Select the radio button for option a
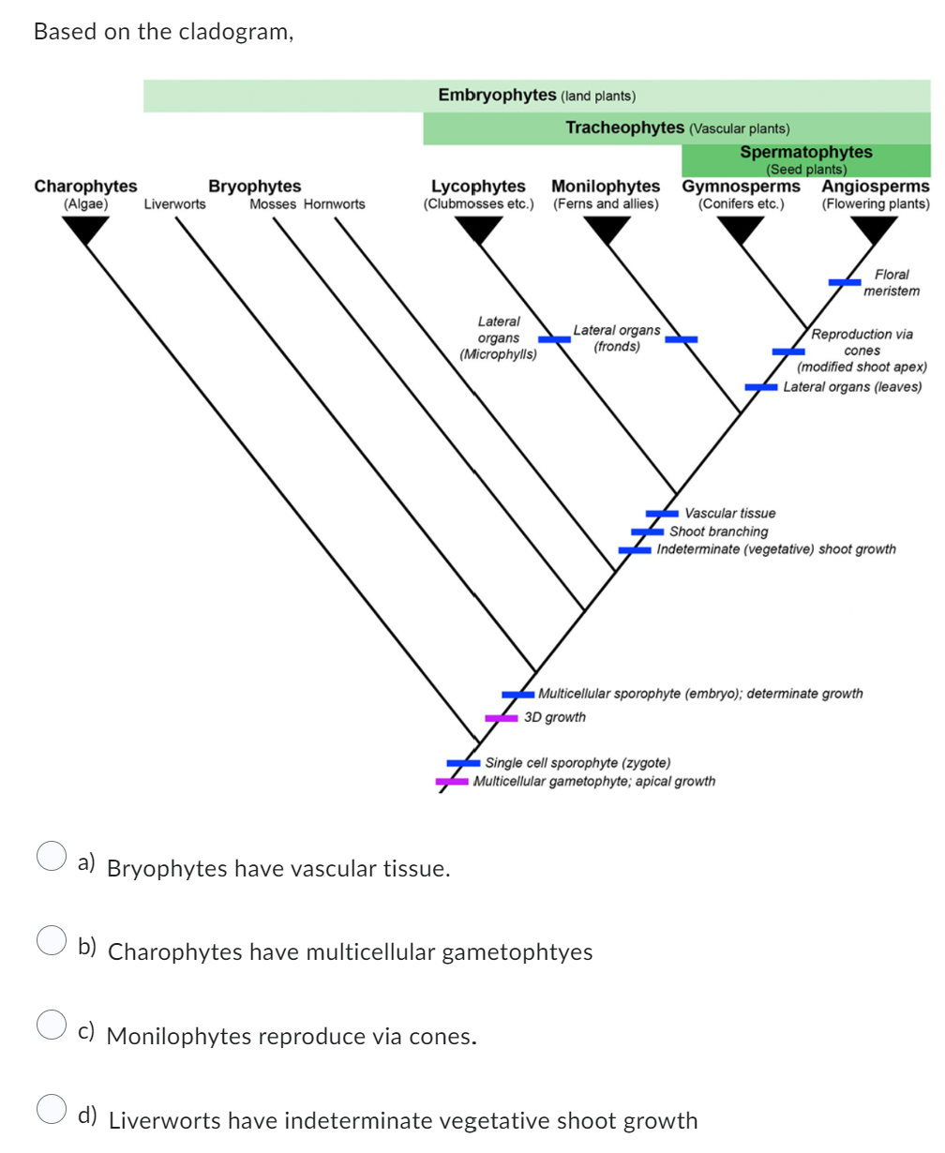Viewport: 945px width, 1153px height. (51, 857)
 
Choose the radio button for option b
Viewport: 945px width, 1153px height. (51, 940)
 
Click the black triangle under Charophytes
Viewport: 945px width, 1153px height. (85, 229)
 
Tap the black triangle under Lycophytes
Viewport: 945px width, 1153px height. (479, 229)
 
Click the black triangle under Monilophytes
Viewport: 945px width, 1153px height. (607, 229)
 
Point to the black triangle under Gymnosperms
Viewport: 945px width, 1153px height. (742, 229)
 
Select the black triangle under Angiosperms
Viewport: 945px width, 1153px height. (875, 229)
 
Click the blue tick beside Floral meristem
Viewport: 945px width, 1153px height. (845, 281)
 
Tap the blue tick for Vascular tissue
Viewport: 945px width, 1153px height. (662, 513)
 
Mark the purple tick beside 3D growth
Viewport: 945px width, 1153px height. (502, 718)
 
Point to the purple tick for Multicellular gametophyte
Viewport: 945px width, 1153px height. (452, 782)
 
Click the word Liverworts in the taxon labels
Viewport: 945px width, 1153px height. (174, 204)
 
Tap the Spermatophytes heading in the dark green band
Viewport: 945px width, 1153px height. (805, 153)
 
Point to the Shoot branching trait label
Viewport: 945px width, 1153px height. (718, 532)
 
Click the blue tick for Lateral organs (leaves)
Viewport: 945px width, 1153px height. (761, 387)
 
